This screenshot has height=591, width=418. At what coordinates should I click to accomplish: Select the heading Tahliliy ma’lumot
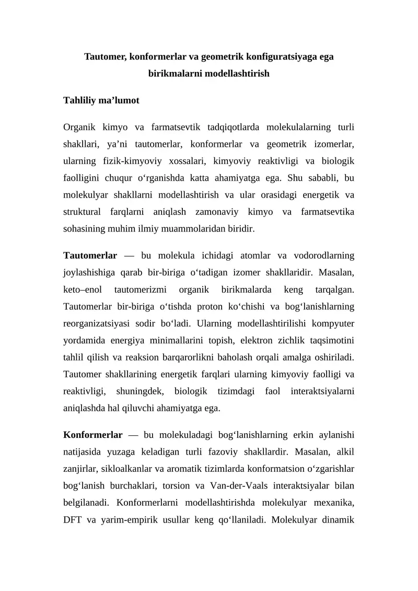click(101, 100)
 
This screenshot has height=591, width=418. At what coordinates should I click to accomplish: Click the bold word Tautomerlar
click(90, 256)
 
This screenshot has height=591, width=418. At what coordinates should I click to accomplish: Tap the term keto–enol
click(83, 289)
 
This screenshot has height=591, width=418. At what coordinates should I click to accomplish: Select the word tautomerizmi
click(140, 289)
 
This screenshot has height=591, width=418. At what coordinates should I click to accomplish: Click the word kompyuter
click(331, 322)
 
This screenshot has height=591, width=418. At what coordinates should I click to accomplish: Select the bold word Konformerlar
click(92, 435)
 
